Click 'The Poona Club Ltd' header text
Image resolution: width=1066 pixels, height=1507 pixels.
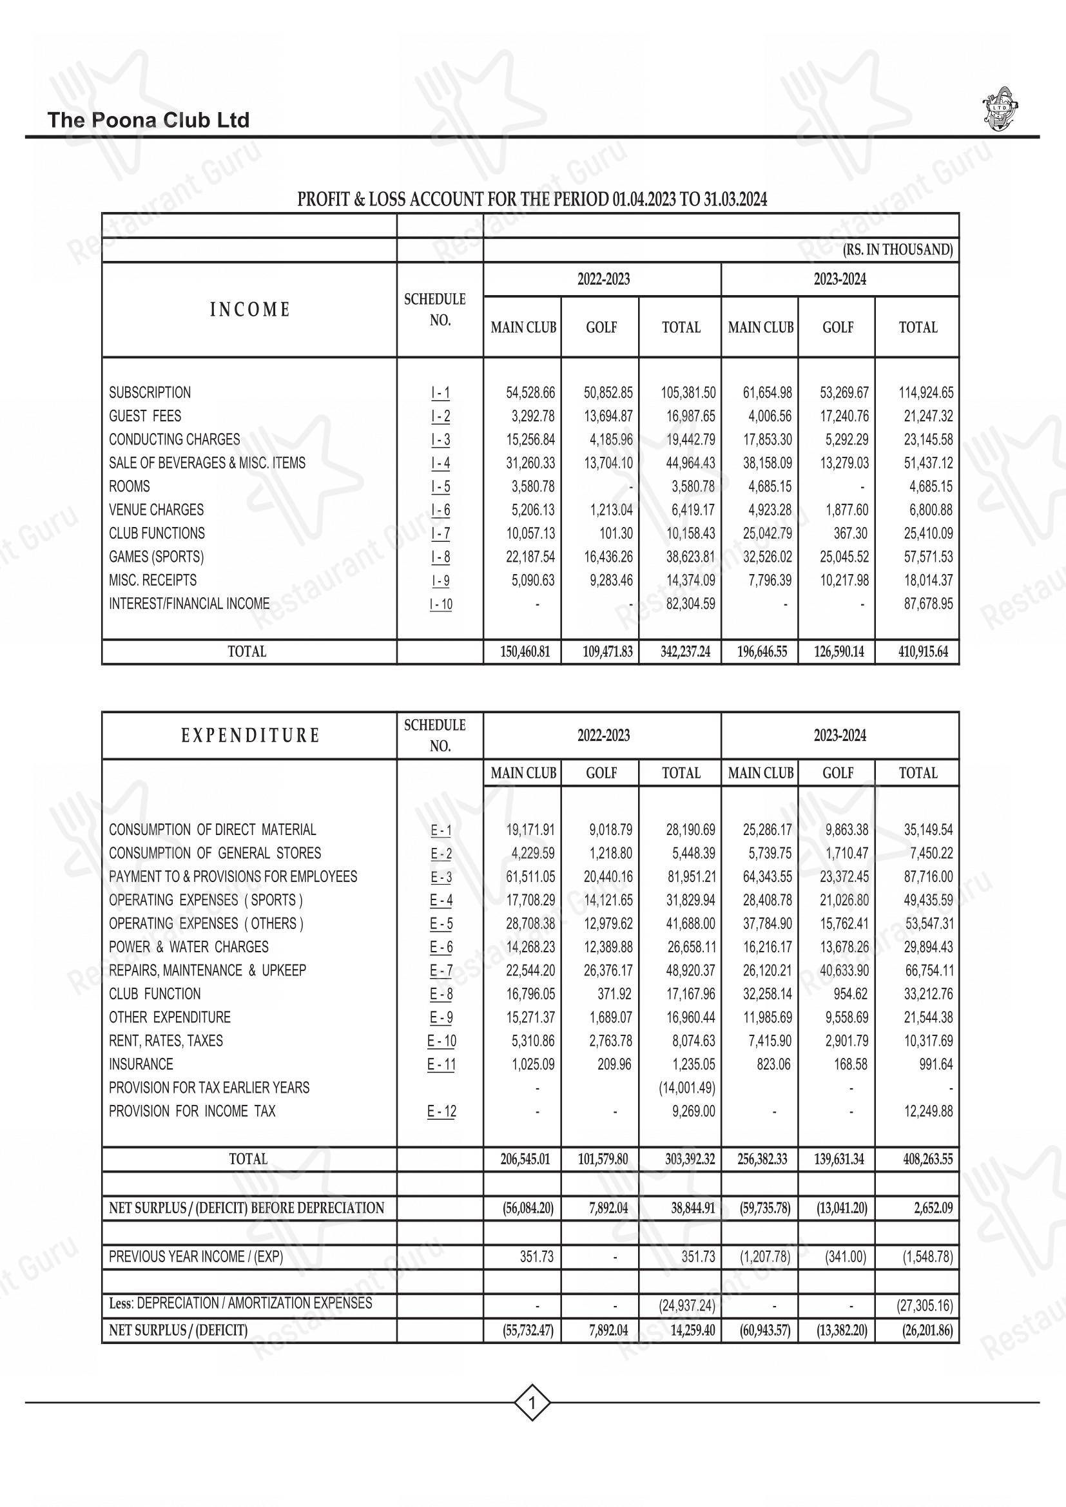coord(148,120)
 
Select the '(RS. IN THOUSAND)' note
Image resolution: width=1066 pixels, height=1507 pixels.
coord(897,249)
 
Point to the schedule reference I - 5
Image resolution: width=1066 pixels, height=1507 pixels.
coord(440,487)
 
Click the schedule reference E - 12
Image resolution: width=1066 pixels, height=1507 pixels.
coord(441,1111)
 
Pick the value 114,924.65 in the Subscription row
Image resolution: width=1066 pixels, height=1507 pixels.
coord(925,393)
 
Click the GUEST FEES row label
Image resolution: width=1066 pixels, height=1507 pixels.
coord(145,416)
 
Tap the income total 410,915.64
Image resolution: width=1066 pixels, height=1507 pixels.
coord(923,652)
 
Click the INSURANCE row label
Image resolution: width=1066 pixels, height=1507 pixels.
coord(141,1064)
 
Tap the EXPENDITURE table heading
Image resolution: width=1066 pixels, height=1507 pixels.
coord(250,735)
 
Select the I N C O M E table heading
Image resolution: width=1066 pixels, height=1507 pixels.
coord(249,310)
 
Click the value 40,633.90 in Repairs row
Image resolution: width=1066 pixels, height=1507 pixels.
coord(844,970)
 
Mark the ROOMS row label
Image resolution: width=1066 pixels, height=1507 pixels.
coord(130,487)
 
